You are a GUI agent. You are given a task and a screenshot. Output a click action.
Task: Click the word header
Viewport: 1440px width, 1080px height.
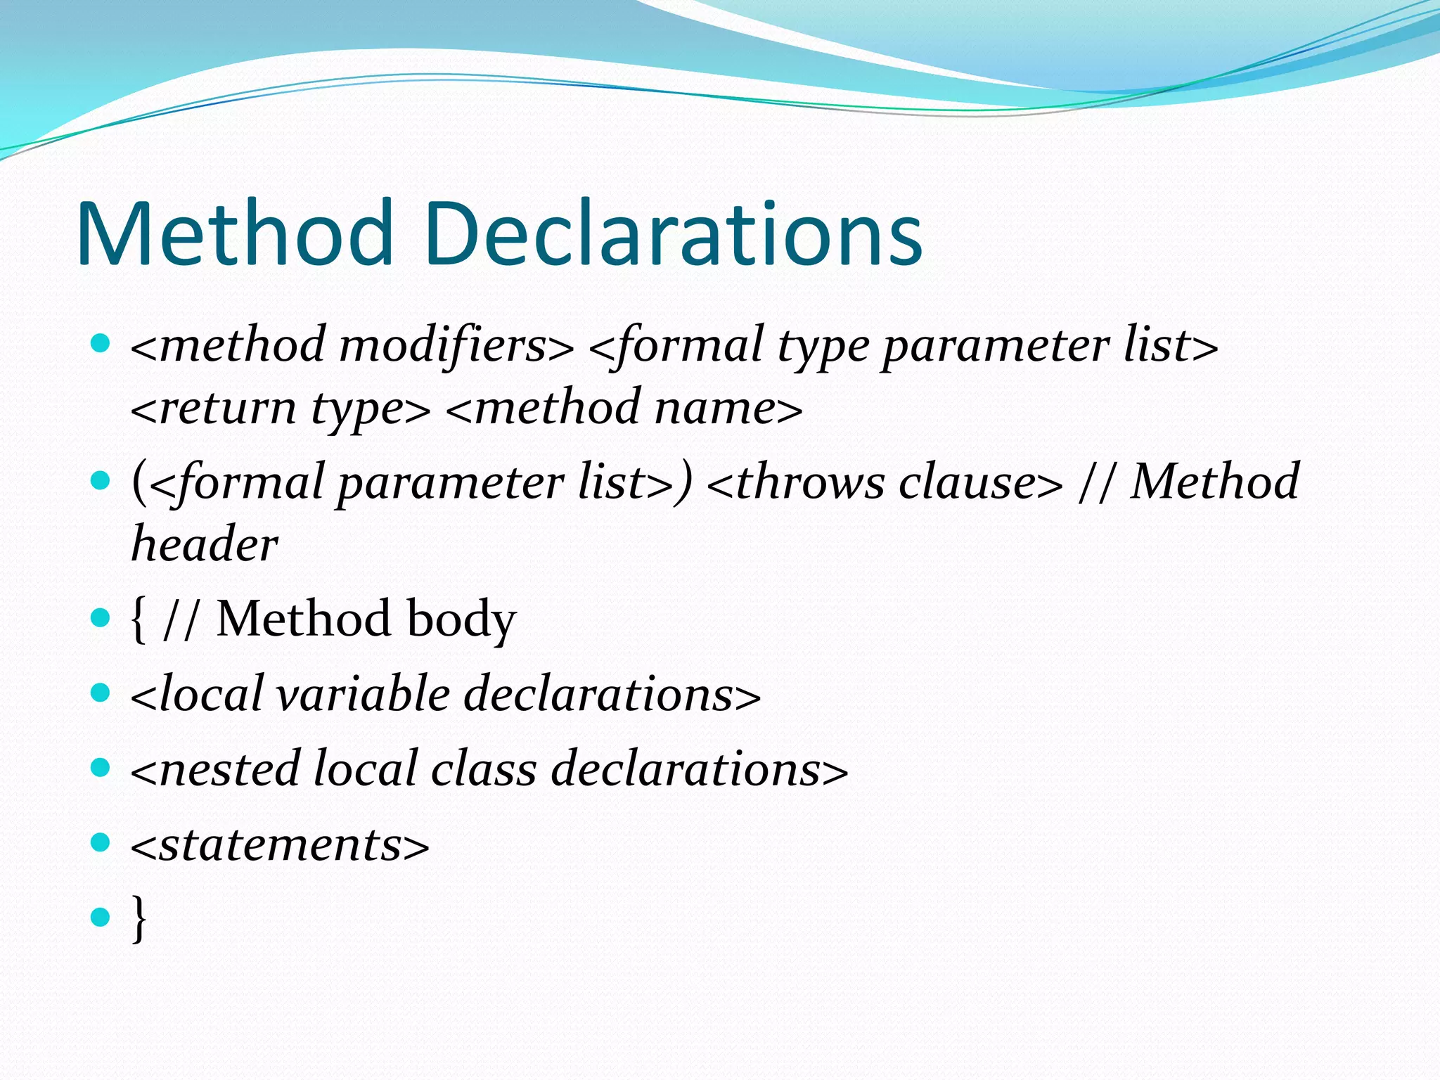tap(205, 544)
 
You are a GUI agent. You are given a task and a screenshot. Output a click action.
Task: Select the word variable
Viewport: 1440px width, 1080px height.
tap(363, 695)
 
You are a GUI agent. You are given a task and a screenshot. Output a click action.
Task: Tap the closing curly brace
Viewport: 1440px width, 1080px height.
tap(139, 918)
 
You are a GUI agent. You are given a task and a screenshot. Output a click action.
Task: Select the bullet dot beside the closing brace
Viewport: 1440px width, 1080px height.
tap(101, 917)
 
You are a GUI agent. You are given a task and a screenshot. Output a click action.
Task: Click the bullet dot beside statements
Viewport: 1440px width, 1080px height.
tap(101, 842)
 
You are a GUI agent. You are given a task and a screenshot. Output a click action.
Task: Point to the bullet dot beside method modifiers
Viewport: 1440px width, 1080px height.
tap(101, 343)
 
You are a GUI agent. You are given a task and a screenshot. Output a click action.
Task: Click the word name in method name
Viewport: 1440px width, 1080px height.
tap(714, 409)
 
